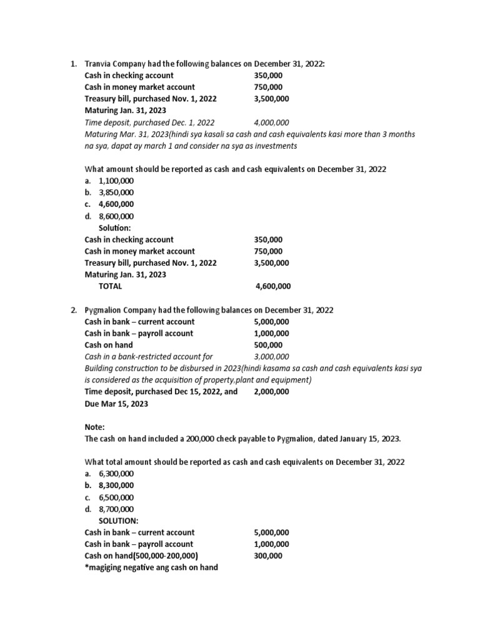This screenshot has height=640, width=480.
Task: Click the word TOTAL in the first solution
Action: [111, 286]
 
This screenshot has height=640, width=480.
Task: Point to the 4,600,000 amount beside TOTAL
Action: [273, 286]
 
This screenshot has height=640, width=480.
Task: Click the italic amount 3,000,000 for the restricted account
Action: [271, 357]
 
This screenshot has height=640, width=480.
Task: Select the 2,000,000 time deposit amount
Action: [271, 392]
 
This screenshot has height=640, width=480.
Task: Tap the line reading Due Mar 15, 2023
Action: [116, 404]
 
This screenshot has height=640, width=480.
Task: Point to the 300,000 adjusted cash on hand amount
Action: [267, 556]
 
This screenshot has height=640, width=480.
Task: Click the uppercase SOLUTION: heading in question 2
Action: [119, 521]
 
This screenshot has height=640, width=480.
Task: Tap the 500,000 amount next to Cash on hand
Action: [267, 345]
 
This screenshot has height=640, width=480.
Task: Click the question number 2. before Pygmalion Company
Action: [74, 310]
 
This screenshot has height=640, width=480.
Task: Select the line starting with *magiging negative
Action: [151, 568]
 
